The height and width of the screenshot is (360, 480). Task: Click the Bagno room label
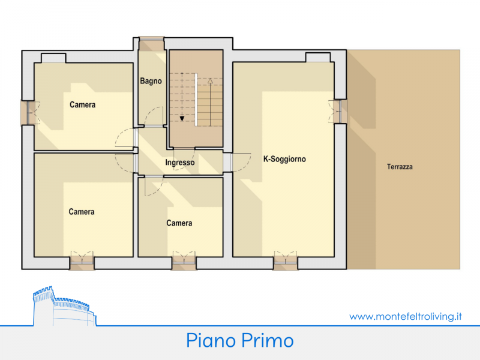[151, 81]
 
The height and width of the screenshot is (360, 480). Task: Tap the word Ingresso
[180, 162]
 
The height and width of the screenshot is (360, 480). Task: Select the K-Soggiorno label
[284, 159]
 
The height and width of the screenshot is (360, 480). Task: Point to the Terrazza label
[400, 167]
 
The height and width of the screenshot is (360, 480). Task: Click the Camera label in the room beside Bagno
[83, 104]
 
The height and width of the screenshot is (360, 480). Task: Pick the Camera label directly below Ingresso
[179, 223]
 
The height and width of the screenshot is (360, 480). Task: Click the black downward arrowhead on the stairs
[182, 118]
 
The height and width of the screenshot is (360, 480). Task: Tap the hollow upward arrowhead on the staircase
[210, 81]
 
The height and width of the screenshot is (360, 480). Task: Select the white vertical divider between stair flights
[196, 100]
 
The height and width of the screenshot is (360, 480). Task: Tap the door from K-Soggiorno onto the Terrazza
[338, 111]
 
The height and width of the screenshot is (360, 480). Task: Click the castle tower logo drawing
[64, 306]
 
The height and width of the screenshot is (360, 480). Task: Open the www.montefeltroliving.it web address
[406, 316]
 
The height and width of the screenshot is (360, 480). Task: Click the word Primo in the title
[267, 340]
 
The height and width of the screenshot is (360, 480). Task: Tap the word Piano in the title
[211, 340]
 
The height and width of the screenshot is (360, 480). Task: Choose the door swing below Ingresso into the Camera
[154, 186]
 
